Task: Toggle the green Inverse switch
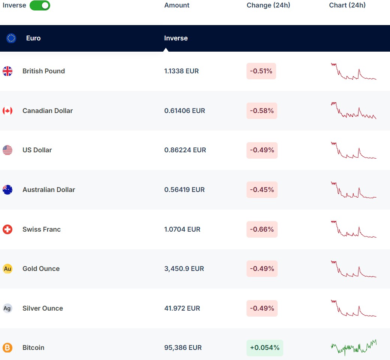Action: click(40, 5)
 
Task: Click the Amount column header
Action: click(177, 5)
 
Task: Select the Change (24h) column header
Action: click(268, 5)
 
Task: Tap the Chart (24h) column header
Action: click(347, 5)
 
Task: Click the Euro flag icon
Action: click(11, 38)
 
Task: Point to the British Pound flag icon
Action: click(7, 71)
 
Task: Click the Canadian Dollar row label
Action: click(48, 111)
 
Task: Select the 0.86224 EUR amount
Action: click(185, 150)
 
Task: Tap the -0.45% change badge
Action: click(262, 190)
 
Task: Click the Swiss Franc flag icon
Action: click(7, 229)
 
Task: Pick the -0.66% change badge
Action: click(262, 229)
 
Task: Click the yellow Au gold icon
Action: click(7, 269)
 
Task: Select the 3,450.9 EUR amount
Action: click(184, 269)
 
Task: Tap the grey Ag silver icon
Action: click(7, 308)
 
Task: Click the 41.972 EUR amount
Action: click(182, 308)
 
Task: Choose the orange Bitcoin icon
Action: click(7, 348)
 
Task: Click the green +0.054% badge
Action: click(264, 348)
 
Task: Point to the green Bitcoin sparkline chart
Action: click(354, 348)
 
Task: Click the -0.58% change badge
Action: click(262, 111)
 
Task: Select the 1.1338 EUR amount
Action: click(181, 71)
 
